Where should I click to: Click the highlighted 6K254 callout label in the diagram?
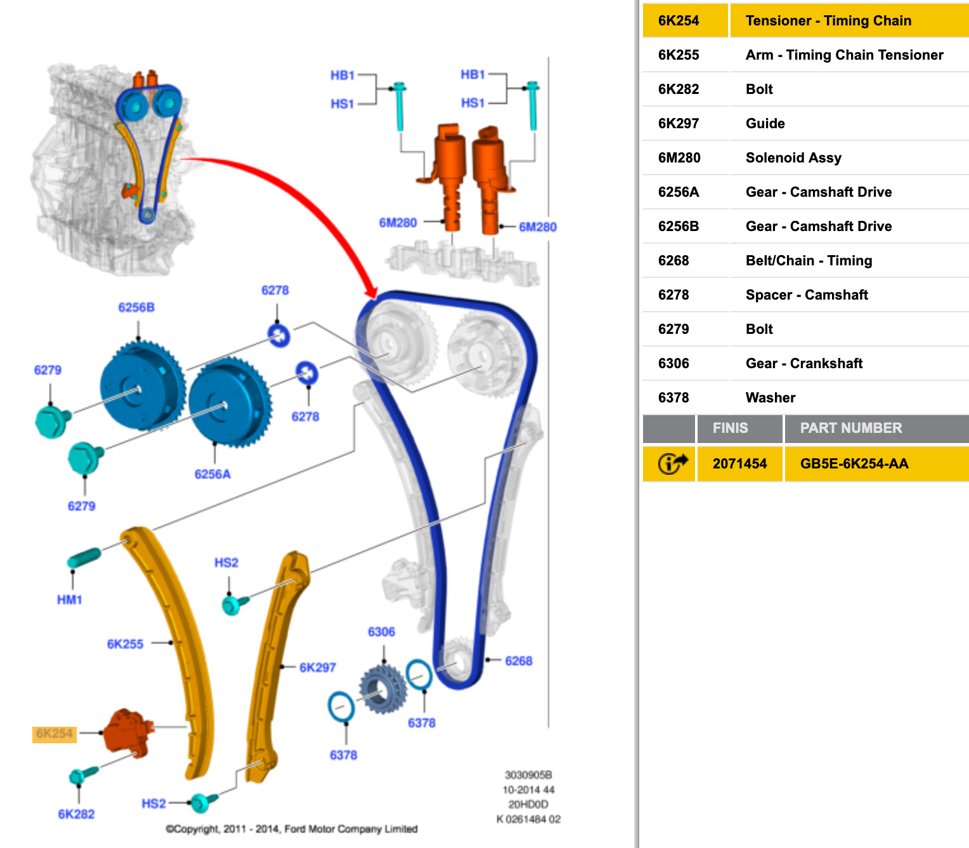pos(55,734)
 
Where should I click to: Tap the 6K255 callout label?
pos(125,644)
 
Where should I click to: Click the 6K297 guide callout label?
pos(317,668)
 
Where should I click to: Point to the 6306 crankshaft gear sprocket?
pos(382,689)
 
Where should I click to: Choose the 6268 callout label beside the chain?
pos(518,661)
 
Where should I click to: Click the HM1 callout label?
pos(70,600)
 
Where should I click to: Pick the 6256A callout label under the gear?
pos(212,474)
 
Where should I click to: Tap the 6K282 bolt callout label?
pos(76,814)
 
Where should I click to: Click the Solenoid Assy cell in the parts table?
pos(793,158)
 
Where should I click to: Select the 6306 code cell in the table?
pos(673,364)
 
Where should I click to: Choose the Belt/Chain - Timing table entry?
pos(809,261)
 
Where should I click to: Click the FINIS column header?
pos(730,428)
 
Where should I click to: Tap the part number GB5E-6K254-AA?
pos(854,464)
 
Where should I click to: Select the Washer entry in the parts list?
pos(770,398)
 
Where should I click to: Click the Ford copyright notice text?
pos(292,829)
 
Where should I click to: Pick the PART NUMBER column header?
pos(850,428)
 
